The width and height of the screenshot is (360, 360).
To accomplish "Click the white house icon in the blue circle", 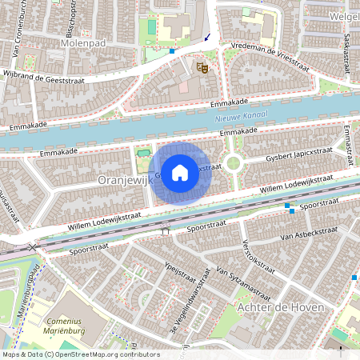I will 180,172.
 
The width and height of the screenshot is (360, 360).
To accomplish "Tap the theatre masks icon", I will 202,69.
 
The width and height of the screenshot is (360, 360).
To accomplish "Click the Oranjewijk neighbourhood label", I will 124,181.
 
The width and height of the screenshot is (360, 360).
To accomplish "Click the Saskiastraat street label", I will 346,54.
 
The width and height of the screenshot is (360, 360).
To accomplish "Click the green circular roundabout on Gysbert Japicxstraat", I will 233,163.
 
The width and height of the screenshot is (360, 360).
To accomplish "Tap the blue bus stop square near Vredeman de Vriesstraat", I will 171,51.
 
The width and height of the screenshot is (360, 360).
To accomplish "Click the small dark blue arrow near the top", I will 208,36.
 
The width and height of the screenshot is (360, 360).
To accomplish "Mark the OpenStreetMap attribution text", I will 81,354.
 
